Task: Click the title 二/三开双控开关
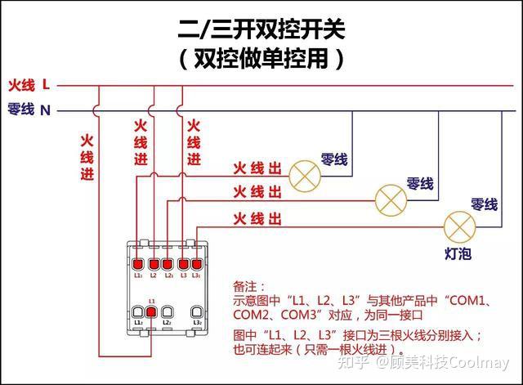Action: tap(261, 30)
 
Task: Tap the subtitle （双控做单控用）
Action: tap(261, 60)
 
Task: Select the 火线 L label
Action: tap(29, 84)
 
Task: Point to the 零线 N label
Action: tap(29, 109)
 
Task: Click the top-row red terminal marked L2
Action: tap(168, 264)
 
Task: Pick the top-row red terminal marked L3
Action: tap(183, 264)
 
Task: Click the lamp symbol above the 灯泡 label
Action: tap(458, 225)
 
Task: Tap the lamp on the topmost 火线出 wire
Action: tap(306, 172)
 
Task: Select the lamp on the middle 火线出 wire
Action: tap(390, 197)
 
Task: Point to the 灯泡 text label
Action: tap(458, 253)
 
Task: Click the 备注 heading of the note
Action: tap(248, 287)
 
